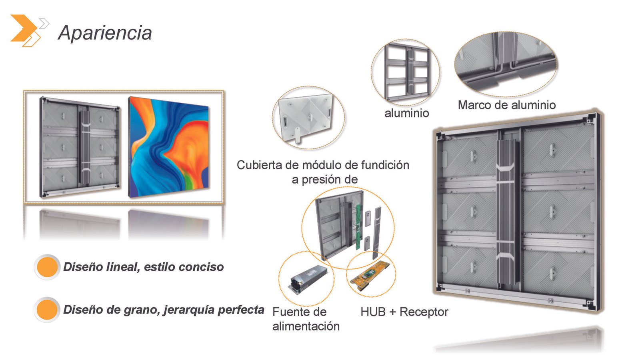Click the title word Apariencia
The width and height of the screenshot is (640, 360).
click(x=105, y=33)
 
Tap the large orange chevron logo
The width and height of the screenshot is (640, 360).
click(x=24, y=28)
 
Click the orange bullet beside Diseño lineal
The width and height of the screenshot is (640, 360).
click(x=47, y=267)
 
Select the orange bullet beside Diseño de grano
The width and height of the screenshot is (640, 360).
click(x=47, y=310)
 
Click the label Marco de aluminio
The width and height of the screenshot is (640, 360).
click(x=506, y=105)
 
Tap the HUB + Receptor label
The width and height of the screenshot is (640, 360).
click(x=404, y=312)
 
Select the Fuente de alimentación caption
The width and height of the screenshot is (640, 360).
click(x=306, y=319)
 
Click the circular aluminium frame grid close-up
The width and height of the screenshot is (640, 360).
click(x=406, y=72)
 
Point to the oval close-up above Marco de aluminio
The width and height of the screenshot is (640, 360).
click(x=506, y=64)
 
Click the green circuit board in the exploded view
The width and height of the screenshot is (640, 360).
click(x=358, y=227)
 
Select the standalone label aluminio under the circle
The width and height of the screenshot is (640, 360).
click(x=406, y=113)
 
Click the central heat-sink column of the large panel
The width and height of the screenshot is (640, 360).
click(x=507, y=213)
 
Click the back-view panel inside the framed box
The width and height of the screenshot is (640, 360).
click(x=80, y=147)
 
